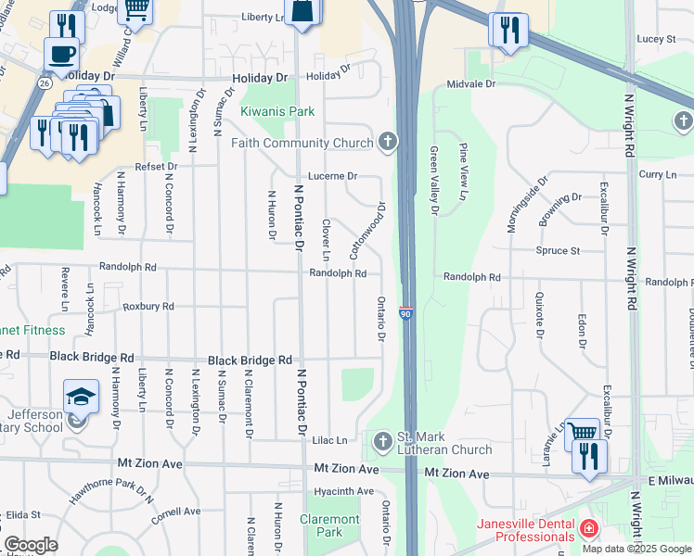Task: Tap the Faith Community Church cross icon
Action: coord(388,142)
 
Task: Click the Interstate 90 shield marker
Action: coord(405,314)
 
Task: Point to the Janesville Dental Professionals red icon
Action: coord(587,529)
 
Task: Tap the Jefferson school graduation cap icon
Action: coord(81,397)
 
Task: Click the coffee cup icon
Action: coord(61,54)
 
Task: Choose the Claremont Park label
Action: coord(329,525)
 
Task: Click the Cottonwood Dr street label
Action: coord(366,232)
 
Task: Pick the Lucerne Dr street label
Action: coord(332,175)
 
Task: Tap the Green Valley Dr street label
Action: coord(433,180)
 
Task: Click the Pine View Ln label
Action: coord(463,172)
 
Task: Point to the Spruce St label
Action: coord(558,250)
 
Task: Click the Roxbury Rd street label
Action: coord(148,306)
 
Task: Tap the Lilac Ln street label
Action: coord(329,440)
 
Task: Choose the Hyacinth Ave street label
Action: coord(342,491)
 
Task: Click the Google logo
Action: coord(31,545)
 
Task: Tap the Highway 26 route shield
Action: coord(44,82)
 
